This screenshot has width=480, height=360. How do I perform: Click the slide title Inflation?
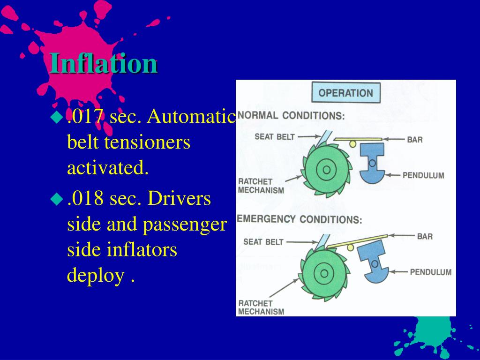pos(104,63)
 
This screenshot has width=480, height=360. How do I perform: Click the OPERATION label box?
pos(345,93)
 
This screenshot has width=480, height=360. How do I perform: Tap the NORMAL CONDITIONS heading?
pos(291,115)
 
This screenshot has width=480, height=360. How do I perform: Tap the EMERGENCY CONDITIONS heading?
pos(300,219)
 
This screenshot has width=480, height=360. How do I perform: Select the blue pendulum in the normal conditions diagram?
pos(372,164)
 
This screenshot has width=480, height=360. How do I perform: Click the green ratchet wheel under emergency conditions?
pos(323,272)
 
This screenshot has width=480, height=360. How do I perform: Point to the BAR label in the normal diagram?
pos(415,139)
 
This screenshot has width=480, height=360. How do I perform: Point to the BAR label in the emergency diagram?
pos(425,236)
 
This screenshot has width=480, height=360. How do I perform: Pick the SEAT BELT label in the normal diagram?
pos(275,136)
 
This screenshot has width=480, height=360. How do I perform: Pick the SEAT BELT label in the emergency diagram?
pos(263,242)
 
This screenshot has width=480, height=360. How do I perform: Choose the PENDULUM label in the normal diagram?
pos(423,175)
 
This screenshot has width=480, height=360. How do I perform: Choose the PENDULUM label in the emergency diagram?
pos(430,272)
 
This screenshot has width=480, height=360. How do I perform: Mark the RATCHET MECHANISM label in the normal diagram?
pos(261,186)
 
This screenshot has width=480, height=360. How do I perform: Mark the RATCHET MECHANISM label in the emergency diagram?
pos(261,307)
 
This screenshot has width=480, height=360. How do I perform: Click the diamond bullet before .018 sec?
pos(57,199)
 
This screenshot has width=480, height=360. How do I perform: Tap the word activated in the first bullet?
pos(108,167)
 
